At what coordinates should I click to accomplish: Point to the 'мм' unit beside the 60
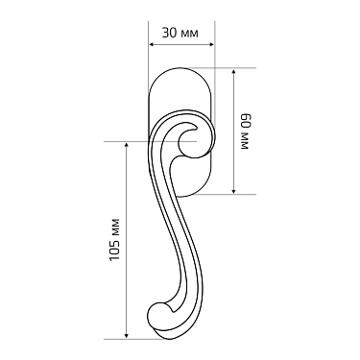point(244,142)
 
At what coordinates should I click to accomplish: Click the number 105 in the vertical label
point(115,251)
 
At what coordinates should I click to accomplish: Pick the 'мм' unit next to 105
point(115,228)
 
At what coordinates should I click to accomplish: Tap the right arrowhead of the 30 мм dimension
point(210,45)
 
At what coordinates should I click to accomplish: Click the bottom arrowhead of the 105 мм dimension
point(127,336)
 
